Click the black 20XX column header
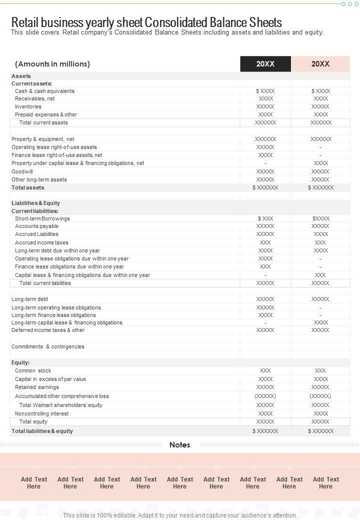265,64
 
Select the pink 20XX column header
320,64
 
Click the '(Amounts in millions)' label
52,64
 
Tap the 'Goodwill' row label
22,171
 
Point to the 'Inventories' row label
28,106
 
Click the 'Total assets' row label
28,187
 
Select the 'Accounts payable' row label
36,226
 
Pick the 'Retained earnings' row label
37,387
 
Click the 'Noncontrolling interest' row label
42,413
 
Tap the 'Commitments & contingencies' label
48,346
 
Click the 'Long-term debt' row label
30,299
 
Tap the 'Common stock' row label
33,370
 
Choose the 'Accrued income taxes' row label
41,242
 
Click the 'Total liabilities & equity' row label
42,431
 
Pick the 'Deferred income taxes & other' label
48,330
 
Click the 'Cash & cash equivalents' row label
44,91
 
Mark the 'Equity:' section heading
20,362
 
